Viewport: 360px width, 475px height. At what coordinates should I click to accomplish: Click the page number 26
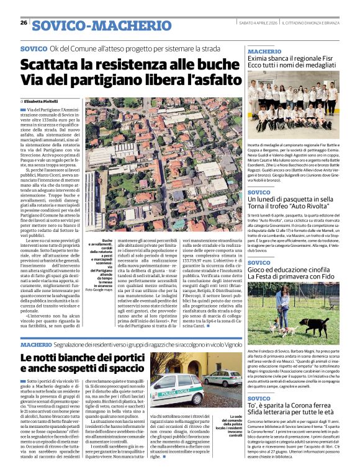click(x=24, y=22)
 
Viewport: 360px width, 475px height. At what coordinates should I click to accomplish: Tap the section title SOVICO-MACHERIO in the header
click(x=102, y=25)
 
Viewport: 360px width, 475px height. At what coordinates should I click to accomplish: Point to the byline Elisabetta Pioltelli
click(x=41, y=100)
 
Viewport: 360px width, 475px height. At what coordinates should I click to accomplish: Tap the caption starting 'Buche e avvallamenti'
click(x=100, y=263)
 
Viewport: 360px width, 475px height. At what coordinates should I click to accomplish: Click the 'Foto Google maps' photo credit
click(x=99, y=290)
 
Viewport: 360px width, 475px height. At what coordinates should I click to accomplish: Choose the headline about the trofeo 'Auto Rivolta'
click(x=292, y=205)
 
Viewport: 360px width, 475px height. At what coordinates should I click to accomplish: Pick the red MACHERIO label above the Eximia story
click(x=264, y=51)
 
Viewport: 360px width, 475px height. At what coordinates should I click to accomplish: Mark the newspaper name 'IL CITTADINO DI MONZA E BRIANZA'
click(x=310, y=23)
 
